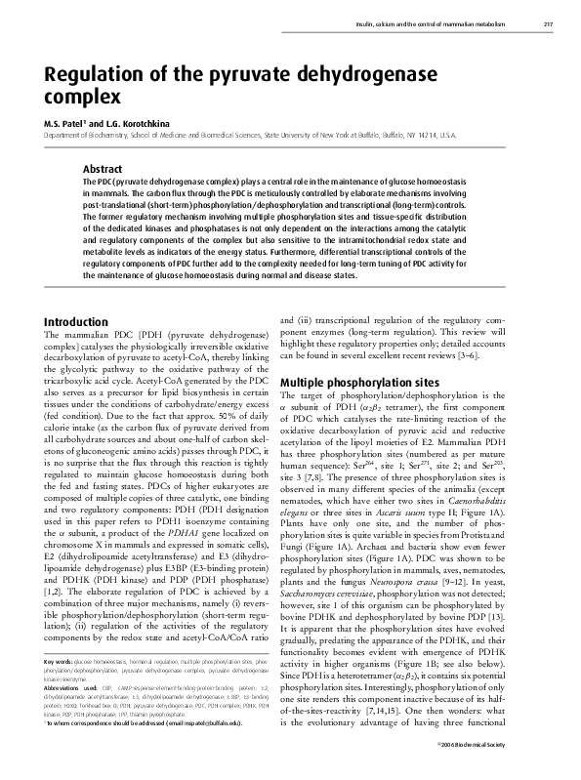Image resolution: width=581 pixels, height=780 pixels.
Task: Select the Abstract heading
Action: (x=103, y=169)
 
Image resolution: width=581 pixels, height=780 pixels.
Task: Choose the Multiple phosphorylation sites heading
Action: (x=358, y=382)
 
